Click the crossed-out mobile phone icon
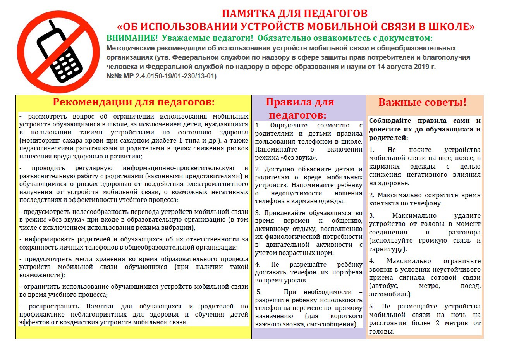[58, 52]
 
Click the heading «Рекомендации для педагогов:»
[134, 102]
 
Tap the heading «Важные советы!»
[422, 103]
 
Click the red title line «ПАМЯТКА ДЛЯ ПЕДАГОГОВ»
[294, 14]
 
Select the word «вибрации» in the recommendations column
[180, 227]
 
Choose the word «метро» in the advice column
[429, 286]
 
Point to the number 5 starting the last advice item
[371, 306]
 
